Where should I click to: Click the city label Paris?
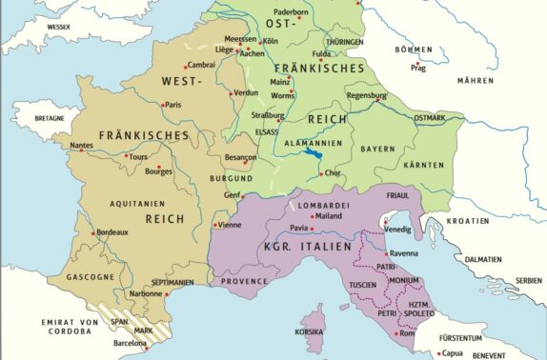click(x=172, y=105)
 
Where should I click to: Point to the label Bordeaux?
click(x=112, y=232)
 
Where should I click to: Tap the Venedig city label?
click(x=399, y=230)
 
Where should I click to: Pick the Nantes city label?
click(x=83, y=145)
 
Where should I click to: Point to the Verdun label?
click(x=246, y=92)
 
